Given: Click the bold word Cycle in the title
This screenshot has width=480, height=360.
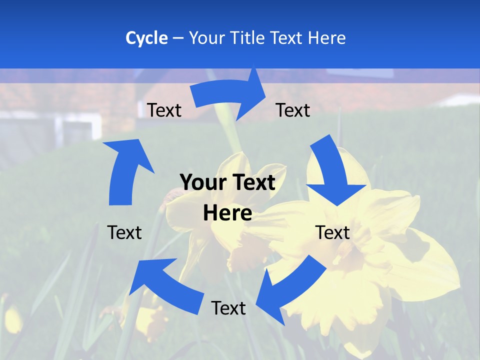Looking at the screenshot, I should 146,38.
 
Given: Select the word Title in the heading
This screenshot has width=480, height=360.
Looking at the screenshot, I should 248,38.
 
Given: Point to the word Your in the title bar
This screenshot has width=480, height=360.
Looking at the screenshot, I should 207,38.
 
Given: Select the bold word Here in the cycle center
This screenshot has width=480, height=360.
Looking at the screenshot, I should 227,213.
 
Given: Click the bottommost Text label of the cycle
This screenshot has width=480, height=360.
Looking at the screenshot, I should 228,308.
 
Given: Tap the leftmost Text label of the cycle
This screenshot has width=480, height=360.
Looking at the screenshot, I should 124,232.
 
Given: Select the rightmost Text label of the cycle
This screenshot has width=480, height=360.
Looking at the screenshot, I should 332,232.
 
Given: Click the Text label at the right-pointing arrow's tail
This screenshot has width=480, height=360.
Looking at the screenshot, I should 164,110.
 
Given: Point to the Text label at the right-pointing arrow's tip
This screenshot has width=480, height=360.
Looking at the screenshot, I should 293,110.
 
